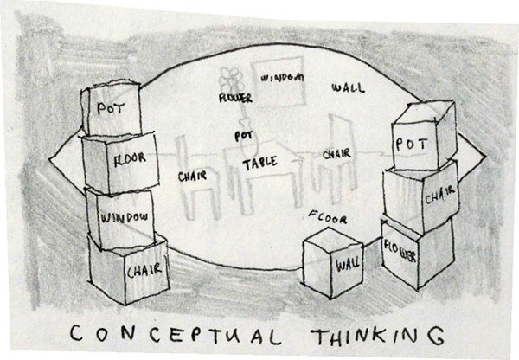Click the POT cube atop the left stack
(111, 111)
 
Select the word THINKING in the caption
(373, 333)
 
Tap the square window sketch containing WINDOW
(277, 80)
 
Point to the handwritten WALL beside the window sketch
(348, 88)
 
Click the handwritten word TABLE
(259, 163)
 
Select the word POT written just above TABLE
(242, 136)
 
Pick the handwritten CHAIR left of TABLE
(192, 177)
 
